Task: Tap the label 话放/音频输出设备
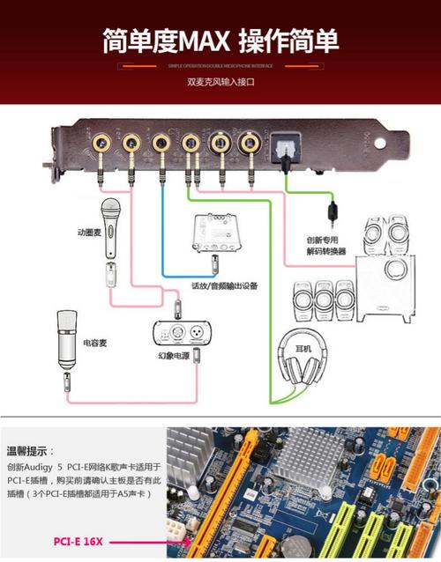(224, 285)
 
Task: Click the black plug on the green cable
(332, 211)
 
